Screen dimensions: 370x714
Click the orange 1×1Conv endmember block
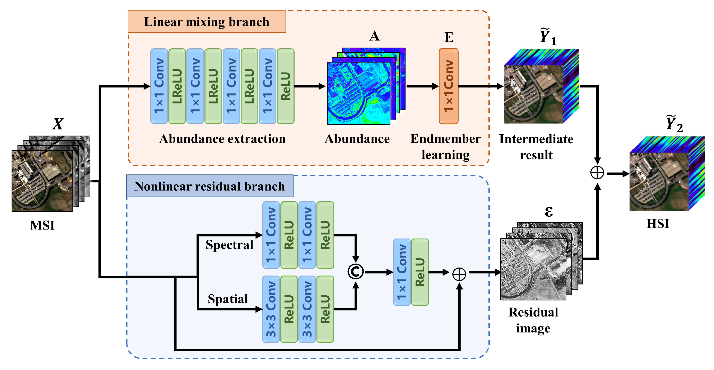448,86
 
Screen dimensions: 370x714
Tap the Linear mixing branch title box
207,22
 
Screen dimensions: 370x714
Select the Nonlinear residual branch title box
210,186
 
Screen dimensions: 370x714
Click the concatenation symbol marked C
355,271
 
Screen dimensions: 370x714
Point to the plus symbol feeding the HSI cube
597,173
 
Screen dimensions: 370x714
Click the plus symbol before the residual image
459,274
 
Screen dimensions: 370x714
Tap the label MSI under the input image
42,225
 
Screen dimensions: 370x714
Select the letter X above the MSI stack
58,124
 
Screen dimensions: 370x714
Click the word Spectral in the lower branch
229,245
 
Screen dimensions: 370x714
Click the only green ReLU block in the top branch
286,86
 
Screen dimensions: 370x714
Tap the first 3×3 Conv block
271,309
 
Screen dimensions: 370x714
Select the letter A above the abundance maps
374,36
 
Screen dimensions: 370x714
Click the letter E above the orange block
449,37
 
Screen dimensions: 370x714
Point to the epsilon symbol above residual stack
548,212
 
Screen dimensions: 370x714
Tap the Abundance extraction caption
222,139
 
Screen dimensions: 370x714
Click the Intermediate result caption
536,147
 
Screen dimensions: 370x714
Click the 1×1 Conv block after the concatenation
402,272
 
